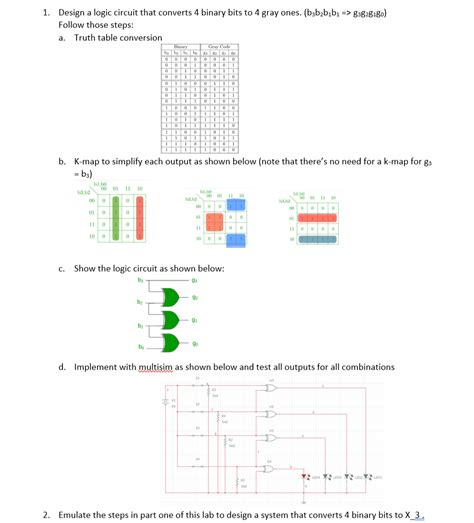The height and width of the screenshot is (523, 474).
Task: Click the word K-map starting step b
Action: (90, 160)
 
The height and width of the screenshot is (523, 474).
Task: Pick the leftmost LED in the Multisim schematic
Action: (305, 476)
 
